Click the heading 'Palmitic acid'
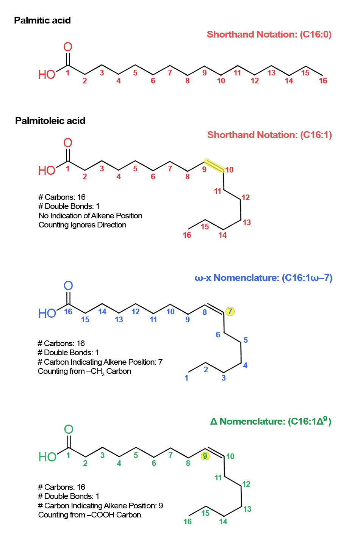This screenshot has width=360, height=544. coord(42,20)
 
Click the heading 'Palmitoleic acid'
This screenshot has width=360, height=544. coord(50,121)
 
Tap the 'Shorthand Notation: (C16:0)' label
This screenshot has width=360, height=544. coord(269,34)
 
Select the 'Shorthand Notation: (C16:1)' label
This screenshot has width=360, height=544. coord(269,135)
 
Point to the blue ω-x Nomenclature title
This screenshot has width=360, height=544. coord(263,277)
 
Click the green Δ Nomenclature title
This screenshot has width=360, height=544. coord(271,421)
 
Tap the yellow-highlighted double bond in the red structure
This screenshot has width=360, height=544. coord(214,166)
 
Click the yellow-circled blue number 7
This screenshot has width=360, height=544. coord(230,311)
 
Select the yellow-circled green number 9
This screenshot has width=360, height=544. coord(205,456)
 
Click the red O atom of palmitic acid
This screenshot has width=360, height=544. coord(68,47)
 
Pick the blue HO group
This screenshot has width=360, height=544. coord(47,313)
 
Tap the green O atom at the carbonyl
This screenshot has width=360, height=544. coord(69,430)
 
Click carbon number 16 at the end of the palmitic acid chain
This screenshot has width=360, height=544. coord(323,81)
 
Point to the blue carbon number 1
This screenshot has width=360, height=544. coord(186,378)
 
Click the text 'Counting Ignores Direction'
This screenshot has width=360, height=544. coord(82,225)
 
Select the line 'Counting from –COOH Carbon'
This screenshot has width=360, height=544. coord(89,515)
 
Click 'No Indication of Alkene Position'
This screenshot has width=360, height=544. coord(90,216)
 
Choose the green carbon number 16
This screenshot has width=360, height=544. coord(188,522)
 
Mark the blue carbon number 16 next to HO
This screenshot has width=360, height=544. coord(68,312)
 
